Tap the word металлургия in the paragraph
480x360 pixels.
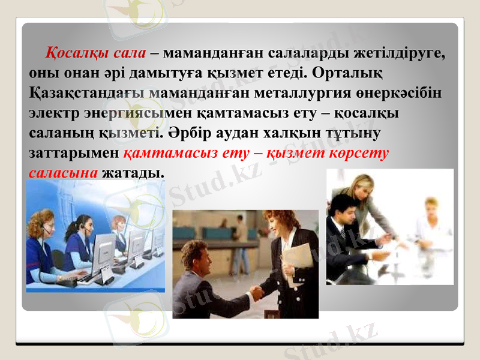pos(340,93)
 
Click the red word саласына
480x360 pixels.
pos(62,173)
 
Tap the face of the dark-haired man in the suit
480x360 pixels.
pos(341,210)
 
